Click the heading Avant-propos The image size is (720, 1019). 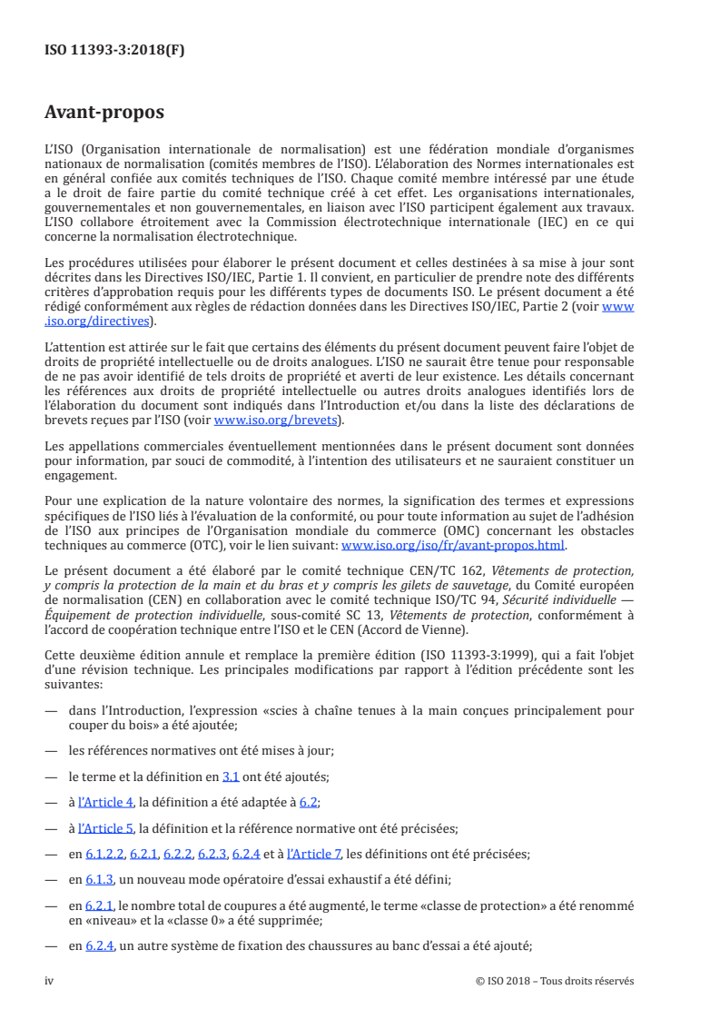104,113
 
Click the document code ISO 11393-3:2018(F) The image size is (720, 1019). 114,51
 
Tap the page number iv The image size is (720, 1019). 50,981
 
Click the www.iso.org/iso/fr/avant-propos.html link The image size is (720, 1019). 452,545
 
